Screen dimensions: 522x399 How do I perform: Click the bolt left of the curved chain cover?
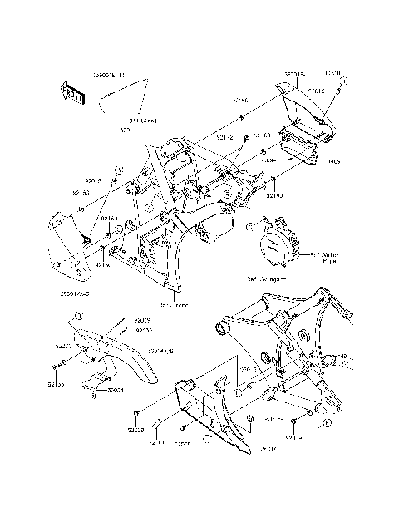(x=60, y=367)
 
